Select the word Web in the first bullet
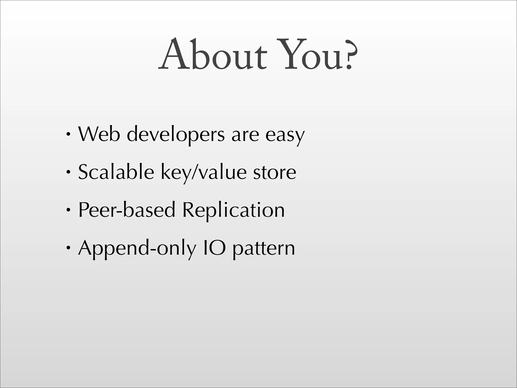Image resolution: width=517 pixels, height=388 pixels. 99,134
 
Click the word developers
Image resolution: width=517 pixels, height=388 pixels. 175,135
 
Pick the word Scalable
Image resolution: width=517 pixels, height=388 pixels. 116,172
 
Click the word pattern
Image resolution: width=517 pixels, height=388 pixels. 264,249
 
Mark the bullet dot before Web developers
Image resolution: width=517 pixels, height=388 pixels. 68,134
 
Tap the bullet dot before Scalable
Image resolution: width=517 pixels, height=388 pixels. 68,172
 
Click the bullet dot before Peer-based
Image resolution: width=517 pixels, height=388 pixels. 68,210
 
